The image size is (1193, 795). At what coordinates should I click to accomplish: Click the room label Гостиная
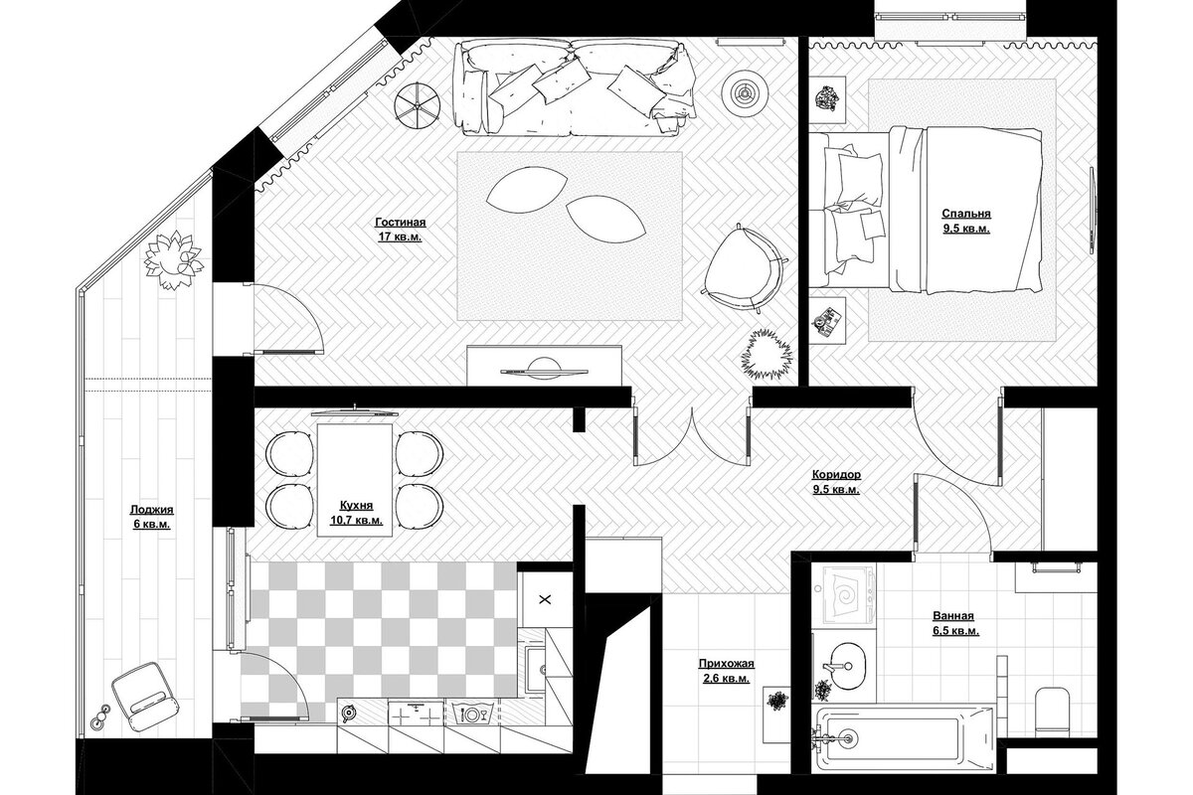[401, 222]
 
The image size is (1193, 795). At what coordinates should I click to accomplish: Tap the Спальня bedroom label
[966, 214]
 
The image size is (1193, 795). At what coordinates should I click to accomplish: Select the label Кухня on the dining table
[356, 506]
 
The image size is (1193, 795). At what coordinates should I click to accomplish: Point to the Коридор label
[836, 474]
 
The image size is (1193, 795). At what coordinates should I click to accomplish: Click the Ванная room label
[953, 616]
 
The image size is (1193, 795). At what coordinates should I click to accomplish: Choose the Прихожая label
[727, 664]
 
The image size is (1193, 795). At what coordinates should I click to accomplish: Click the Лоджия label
[152, 510]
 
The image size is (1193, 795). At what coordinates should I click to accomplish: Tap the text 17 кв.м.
[400, 237]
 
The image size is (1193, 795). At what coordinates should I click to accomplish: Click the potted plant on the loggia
[174, 259]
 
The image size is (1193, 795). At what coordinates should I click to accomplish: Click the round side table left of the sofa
[417, 106]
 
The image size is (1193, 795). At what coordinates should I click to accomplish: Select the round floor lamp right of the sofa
[745, 92]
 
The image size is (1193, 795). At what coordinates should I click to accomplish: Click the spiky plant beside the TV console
[766, 354]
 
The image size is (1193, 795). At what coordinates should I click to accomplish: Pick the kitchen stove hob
[416, 712]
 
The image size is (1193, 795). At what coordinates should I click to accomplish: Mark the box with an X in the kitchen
[545, 599]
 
